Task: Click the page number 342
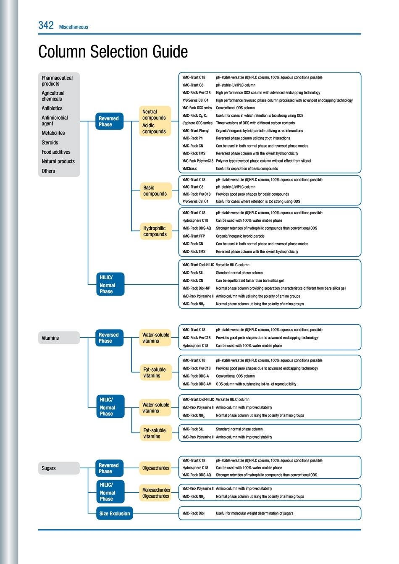[x=46, y=25]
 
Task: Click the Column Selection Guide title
[x=113, y=52]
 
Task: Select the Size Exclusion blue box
[x=114, y=513]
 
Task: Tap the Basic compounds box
[x=155, y=191]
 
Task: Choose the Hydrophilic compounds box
[x=155, y=231]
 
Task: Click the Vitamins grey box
[x=59, y=338]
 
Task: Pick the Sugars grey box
[x=59, y=468]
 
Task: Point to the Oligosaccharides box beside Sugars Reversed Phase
[x=155, y=468]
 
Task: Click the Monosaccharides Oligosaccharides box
[x=155, y=493]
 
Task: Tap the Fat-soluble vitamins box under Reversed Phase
[x=155, y=373]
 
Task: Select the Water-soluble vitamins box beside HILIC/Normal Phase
[x=155, y=408]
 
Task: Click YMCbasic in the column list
[x=190, y=168]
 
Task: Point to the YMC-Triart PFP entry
[x=194, y=236]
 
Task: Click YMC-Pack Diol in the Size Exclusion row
[x=193, y=513]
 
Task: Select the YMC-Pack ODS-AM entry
[x=197, y=384]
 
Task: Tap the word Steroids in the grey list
[x=50, y=142]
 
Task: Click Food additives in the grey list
[x=56, y=152]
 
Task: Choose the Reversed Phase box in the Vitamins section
[x=108, y=338]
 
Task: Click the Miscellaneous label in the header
[x=73, y=27]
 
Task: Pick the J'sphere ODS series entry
[x=197, y=123]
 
